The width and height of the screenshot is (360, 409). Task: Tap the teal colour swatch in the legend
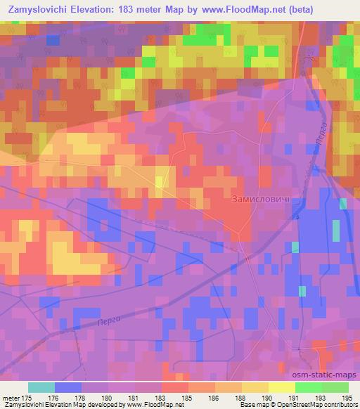(41, 387)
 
